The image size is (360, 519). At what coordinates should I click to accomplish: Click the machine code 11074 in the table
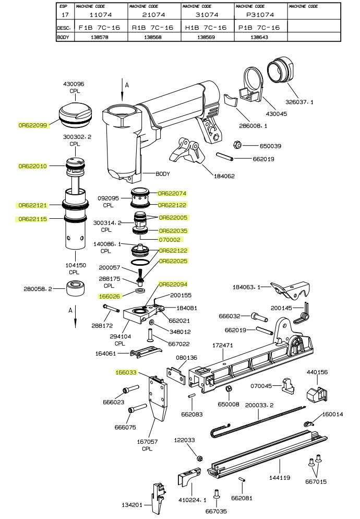point(101,15)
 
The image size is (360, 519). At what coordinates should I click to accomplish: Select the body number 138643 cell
point(259,37)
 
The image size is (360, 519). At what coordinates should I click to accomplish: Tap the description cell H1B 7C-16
point(206,27)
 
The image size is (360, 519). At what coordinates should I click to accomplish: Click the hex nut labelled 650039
point(235,145)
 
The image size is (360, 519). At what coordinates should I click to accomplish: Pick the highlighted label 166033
point(126,373)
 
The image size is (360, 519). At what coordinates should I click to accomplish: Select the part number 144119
point(279,478)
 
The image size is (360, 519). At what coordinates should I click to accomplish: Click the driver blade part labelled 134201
point(157,497)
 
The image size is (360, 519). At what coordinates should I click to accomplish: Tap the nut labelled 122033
point(199,458)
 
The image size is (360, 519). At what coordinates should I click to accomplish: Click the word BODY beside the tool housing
point(163,174)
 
